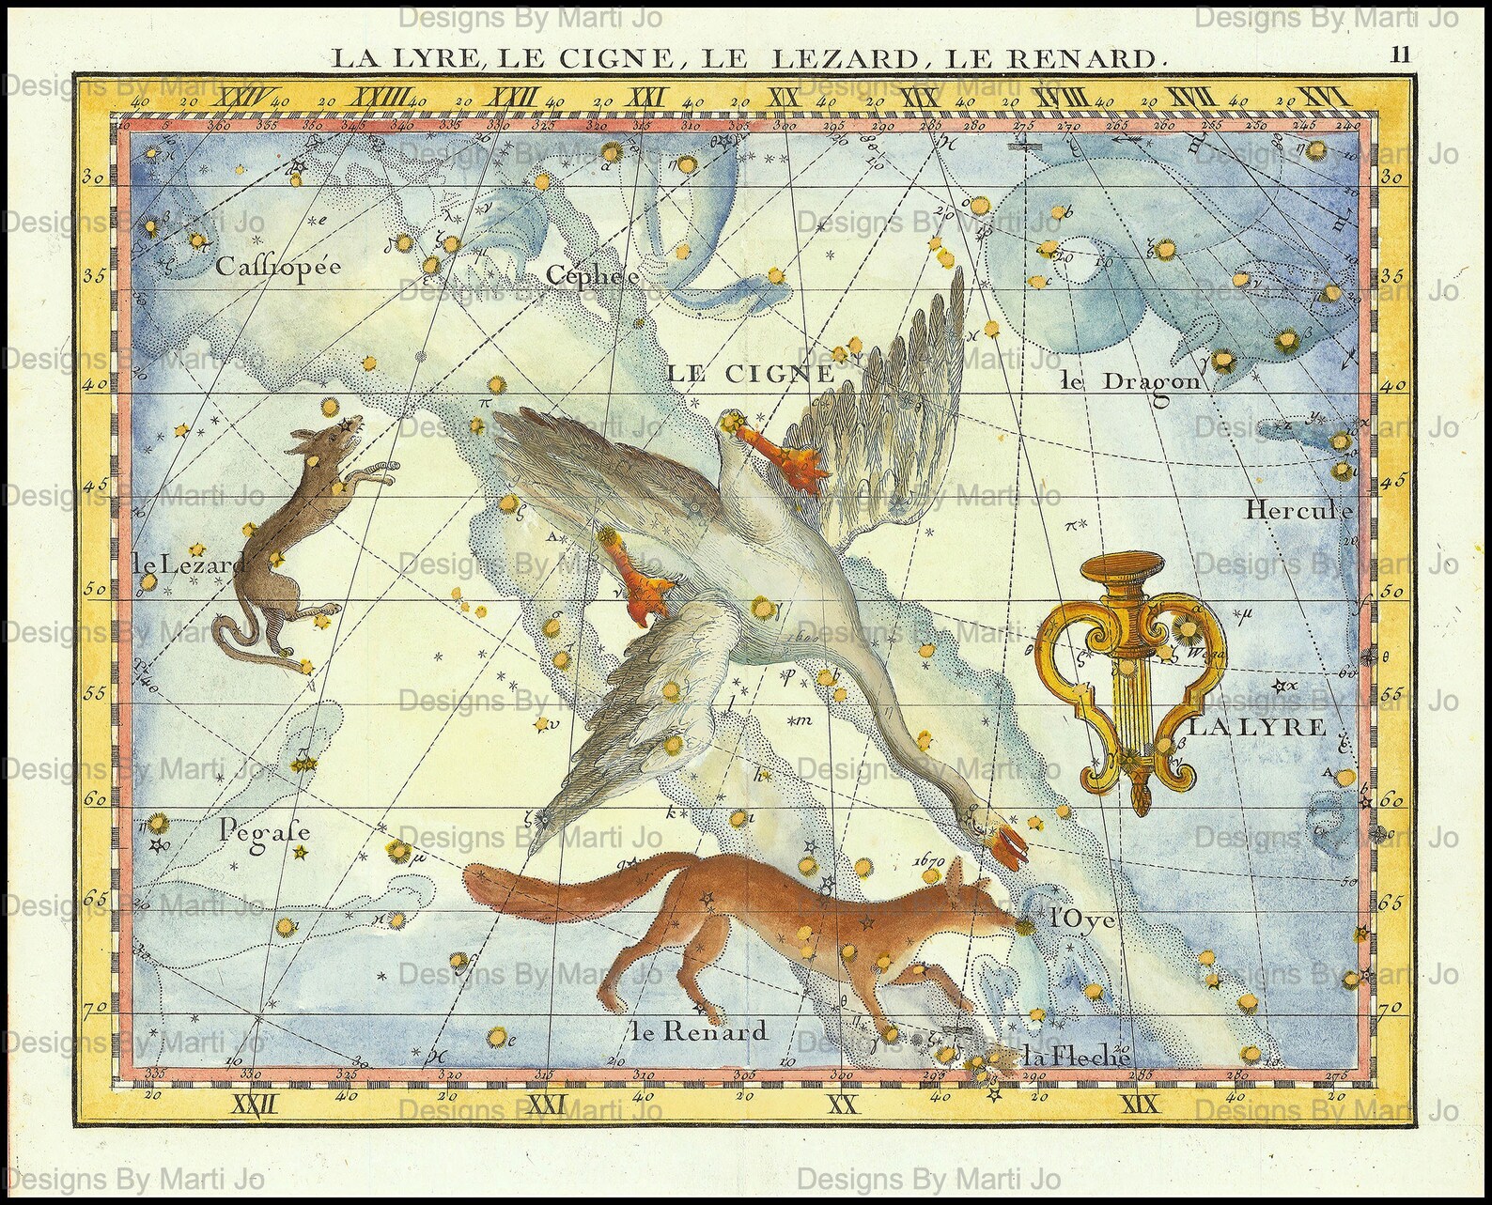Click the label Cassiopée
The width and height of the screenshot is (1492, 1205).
pos(276,267)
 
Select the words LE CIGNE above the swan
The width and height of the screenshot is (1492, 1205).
pos(751,372)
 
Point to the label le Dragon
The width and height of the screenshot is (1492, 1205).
pos(1129,380)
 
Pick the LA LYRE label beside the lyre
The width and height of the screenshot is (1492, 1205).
pos(1258,726)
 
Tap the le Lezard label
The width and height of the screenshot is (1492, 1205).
pos(189,564)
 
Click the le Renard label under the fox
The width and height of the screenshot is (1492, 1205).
pos(700,1031)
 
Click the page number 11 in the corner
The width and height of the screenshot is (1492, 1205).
pos(1401,54)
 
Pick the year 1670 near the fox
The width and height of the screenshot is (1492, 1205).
pos(933,858)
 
